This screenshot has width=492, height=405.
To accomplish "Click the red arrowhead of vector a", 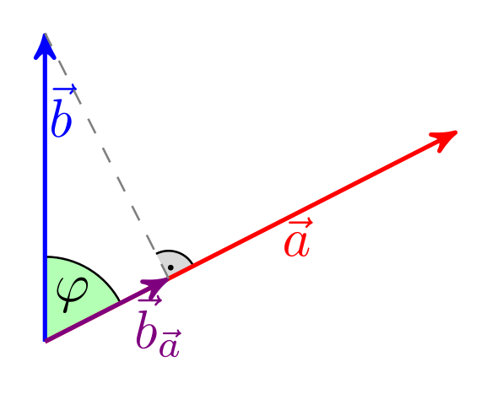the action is (444, 140).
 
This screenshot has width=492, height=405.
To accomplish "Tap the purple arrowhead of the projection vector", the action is (156, 285).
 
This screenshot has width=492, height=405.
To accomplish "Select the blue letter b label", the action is (62, 117).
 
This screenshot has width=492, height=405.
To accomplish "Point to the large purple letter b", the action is (146, 329).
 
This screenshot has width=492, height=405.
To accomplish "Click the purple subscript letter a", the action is (170, 348).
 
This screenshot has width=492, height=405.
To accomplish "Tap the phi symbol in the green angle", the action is (72, 294).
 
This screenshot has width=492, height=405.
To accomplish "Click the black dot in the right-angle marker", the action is (170, 267).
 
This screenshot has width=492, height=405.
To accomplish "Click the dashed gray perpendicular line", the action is (106, 155).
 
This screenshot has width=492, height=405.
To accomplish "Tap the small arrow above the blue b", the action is (64, 89).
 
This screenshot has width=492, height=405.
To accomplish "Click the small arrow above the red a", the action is (300, 223).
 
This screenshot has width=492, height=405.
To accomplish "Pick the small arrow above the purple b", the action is (149, 300).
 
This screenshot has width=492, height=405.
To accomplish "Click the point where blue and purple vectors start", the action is (46, 341).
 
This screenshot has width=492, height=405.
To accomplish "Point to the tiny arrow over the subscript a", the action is (171, 334).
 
